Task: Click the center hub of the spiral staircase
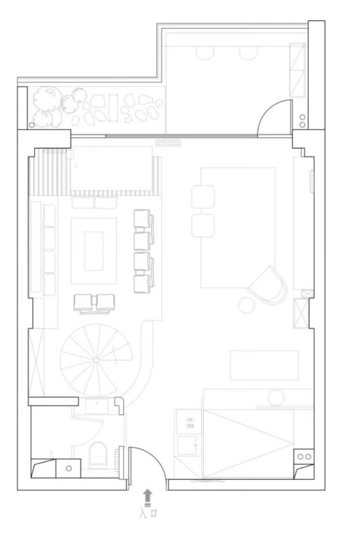coord(96,360)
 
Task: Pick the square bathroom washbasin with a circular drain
coord(69,469)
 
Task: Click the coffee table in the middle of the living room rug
coord(94,251)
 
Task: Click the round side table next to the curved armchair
coord(247,305)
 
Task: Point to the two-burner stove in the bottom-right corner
coord(304,457)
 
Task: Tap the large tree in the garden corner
coord(47,103)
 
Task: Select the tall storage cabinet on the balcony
coord(297,70)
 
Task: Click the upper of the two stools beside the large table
coord(203,197)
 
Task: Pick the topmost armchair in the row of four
coord(143,218)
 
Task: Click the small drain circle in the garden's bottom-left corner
coord(32,125)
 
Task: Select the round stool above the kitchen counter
coord(276,398)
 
